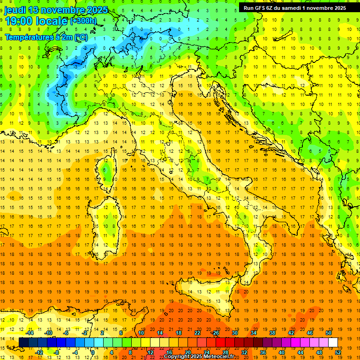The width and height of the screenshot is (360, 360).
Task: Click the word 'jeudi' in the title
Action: coord(16,10)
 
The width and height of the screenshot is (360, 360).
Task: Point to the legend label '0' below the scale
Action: coord(92,352)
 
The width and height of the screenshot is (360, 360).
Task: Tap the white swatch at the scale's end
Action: coord(333,342)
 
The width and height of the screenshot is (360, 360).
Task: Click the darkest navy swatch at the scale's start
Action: coord(23,342)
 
